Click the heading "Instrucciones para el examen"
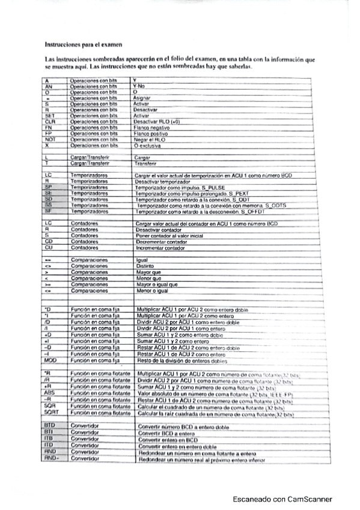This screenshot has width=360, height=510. tap(84, 44)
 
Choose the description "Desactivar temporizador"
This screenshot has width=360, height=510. tap(162, 181)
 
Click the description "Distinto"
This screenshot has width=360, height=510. tap(145, 266)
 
